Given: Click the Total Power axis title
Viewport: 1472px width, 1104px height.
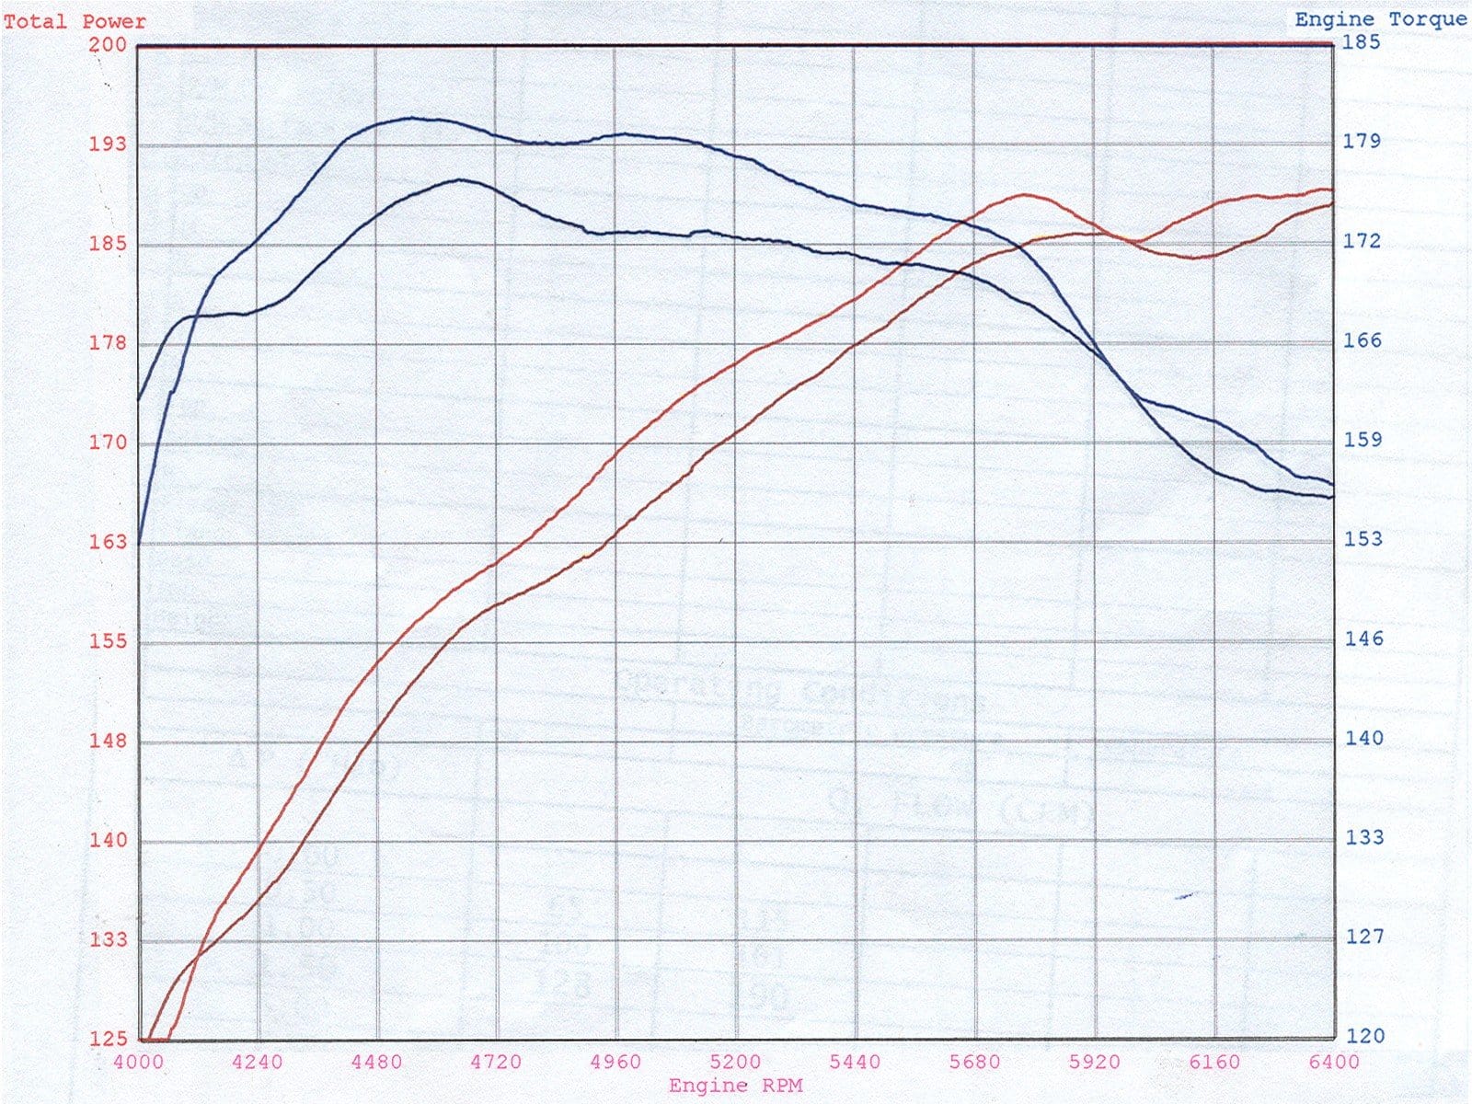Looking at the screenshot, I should pos(74,21).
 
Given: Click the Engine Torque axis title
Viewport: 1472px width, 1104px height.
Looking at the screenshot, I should pos(1380,19).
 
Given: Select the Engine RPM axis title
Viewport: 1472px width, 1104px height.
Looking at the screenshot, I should pos(735,1086).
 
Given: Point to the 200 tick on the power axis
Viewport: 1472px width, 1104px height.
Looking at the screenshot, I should pos(108,44).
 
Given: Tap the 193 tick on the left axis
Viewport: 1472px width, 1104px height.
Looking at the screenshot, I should pos(108,144).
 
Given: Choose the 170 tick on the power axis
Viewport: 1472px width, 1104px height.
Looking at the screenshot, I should pos(108,443).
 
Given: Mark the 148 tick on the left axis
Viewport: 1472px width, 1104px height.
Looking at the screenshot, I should pos(108,741).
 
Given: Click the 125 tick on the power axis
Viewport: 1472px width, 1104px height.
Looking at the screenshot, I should pos(108,1039).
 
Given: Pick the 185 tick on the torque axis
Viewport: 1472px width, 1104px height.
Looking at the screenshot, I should pos(1362,41).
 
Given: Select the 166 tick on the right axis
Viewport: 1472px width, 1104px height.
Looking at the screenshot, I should pos(1362,340).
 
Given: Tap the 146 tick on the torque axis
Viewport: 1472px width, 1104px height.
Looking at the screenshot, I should pos(1363,638).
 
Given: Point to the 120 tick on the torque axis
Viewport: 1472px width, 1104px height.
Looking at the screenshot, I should pos(1365,1036).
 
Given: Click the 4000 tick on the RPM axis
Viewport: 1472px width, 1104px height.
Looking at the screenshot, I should pos(138,1062).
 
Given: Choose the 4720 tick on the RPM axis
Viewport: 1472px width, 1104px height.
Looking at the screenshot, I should pos(496,1062).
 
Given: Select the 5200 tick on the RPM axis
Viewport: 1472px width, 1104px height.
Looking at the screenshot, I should pos(735,1062).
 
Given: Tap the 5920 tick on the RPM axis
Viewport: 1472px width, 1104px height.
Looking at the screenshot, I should pos(1094,1062).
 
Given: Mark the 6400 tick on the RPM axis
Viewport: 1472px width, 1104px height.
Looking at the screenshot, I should pos(1333,1062).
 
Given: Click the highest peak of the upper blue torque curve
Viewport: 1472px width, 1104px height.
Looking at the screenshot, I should pos(412,118).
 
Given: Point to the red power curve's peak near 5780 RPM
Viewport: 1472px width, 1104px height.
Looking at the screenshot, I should pos(1024,195).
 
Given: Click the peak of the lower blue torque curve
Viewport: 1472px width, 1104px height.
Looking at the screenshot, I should pos(460,179).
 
